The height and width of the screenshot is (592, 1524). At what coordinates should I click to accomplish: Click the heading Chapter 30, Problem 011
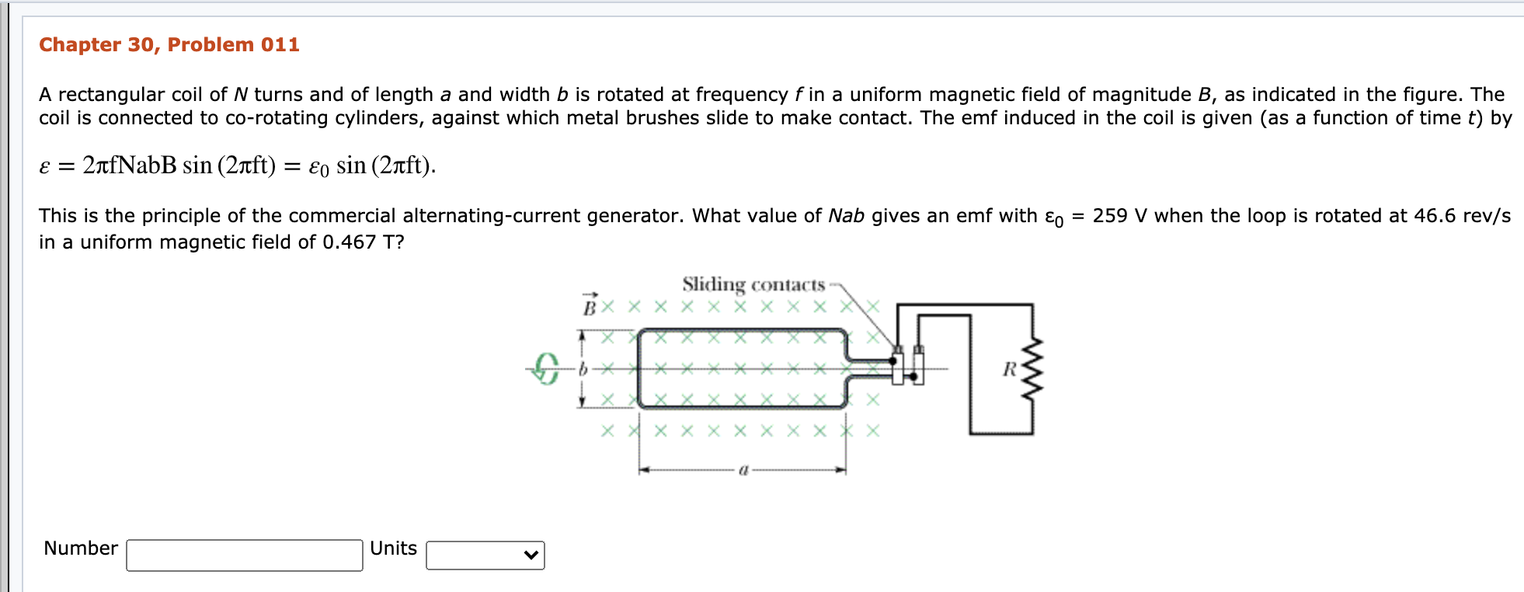169,45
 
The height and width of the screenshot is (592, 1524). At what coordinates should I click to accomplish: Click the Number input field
244,555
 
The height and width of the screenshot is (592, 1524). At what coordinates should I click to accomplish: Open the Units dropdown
485,555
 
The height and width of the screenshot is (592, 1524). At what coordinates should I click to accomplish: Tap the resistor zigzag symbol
1032,369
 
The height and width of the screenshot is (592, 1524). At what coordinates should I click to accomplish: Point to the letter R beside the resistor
1009,370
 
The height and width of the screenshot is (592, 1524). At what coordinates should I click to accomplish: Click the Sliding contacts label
753,285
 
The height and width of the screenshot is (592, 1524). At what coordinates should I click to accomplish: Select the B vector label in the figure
590,305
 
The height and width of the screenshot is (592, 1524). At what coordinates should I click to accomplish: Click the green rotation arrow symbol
546,368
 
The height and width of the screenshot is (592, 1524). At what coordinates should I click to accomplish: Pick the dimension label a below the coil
743,470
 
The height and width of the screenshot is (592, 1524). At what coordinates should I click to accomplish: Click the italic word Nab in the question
846,216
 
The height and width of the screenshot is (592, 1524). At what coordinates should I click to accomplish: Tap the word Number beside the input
81,548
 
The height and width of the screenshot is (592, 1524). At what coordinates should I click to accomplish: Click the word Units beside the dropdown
393,548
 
